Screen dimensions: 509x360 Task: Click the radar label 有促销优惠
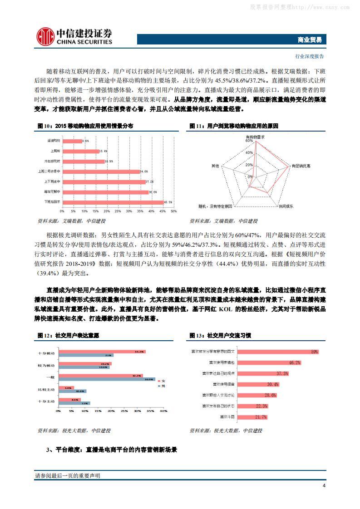click(x=301, y=166)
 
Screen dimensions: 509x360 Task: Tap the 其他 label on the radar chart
click(x=215, y=166)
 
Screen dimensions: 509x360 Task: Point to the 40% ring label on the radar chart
click(x=249, y=152)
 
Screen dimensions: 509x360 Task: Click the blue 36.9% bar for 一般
click(x=107, y=379)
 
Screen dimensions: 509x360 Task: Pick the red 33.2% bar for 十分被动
click(x=102, y=352)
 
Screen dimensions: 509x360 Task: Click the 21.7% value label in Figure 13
click(x=261, y=417)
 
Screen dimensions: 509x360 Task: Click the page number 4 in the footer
click(x=324, y=486)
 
